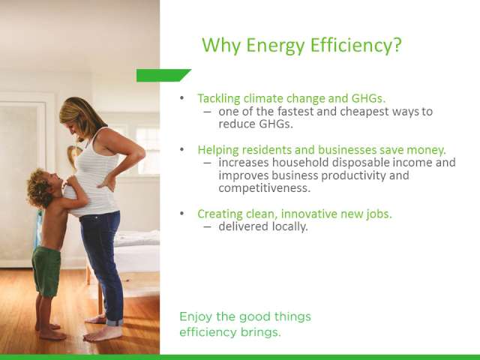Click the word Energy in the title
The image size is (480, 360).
(275, 45)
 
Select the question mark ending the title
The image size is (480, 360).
(397, 45)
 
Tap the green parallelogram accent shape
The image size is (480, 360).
(163, 76)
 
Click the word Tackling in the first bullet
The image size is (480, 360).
(219, 98)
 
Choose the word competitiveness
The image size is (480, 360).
(265, 188)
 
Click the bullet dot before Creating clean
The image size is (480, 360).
(181, 213)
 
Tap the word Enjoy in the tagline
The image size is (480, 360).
(196, 317)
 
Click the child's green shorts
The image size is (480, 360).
(46, 271)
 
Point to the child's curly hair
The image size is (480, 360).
(39, 187)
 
